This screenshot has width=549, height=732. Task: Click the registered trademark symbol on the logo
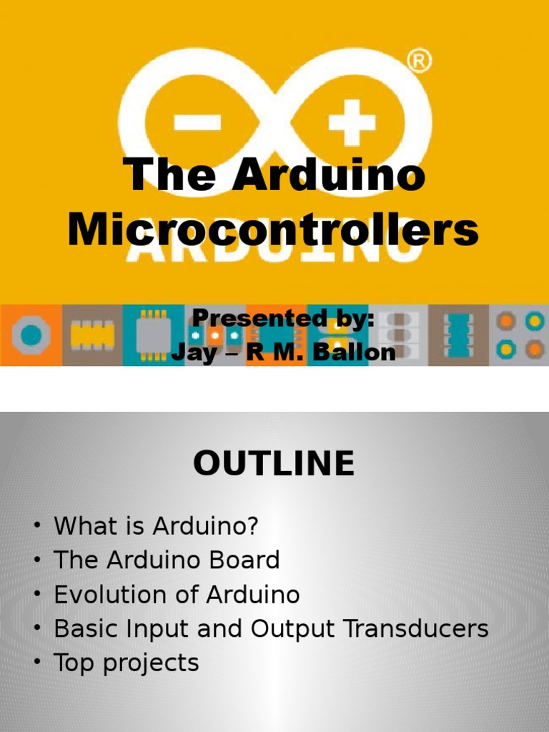420,63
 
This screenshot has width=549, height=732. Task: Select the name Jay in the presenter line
194,352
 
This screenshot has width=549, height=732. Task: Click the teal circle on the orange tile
31,335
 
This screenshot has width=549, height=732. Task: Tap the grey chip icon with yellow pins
153,335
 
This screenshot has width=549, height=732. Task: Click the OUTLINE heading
274,464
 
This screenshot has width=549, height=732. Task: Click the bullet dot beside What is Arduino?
36,527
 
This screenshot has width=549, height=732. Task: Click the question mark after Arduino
251,526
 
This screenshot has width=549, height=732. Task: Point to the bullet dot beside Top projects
36,663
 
